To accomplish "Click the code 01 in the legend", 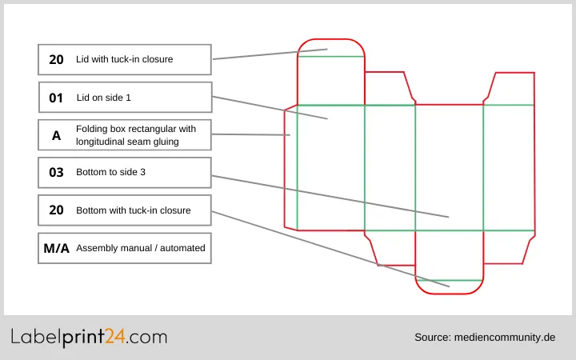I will tap(56, 98).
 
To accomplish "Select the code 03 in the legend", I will tap(56, 172).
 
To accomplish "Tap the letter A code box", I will tap(56, 135).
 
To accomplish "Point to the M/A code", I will tap(56, 248).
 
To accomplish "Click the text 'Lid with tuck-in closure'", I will tap(124, 59).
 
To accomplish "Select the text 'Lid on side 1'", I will tap(103, 98).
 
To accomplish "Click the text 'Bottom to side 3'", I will tap(110, 172).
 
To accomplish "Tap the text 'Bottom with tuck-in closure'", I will tap(133, 210).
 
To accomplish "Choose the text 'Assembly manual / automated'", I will tap(140, 248).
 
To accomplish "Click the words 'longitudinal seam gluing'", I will tap(133, 142).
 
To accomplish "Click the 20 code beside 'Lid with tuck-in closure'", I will tap(56, 59).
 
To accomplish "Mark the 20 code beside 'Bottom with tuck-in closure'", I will tap(56, 210).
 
